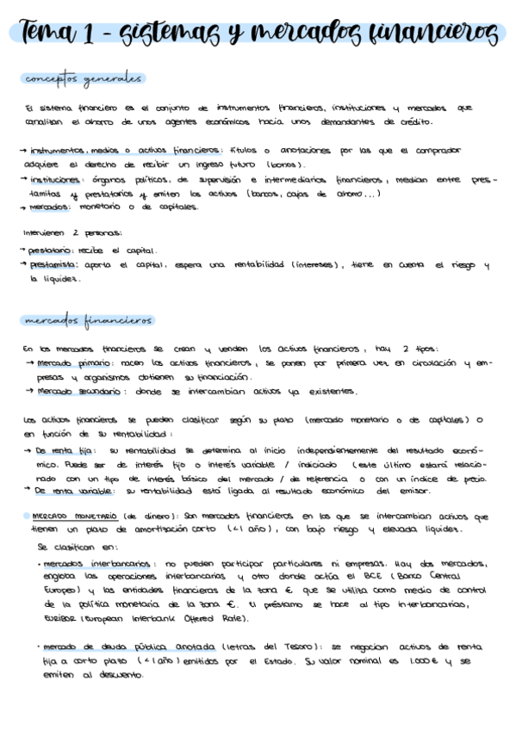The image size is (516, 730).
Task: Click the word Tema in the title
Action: [x=51, y=34]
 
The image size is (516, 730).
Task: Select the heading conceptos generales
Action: [x=83, y=79]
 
